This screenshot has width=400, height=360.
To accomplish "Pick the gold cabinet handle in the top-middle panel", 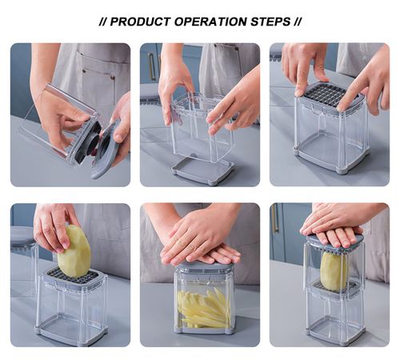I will pos(150,67).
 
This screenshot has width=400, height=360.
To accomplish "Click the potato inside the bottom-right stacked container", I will pos(334,270).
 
